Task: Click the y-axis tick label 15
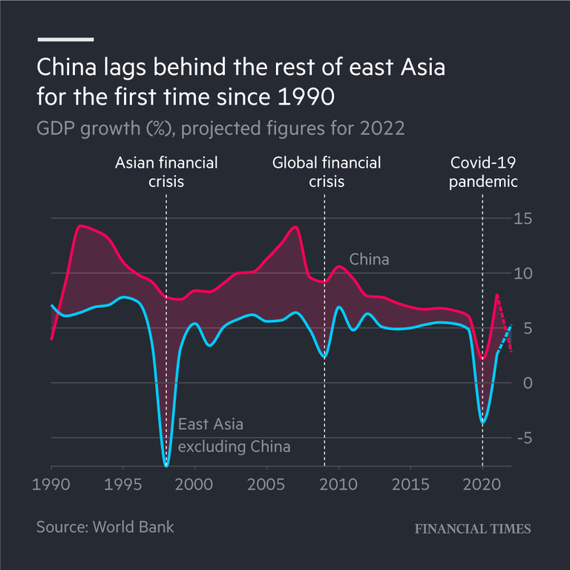pyautogui.click(x=525, y=219)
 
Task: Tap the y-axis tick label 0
pyautogui.click(x=528, y=383)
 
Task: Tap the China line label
pyautogui.click(x=369, y=260)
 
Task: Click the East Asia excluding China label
pyautogui.click(x=234, y=436)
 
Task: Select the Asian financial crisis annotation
pyautogui.click(x=166, y=171)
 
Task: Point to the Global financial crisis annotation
pyautogui.click(x=326, y=171)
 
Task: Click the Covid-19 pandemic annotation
pyautogui.click(x=484, y=171)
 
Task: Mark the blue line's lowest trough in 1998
pyautogui.click(x=166, y=465)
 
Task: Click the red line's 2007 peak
pyautogui.click(x=295, y=226)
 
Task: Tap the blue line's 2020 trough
pyautogui.click(x=483, y=422)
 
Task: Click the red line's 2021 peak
pyautogui.click(x=497, y=295)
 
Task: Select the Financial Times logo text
pyautogui.click(x=472, y=528)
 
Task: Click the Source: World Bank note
pyautogui.click(x=105, y=527)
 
